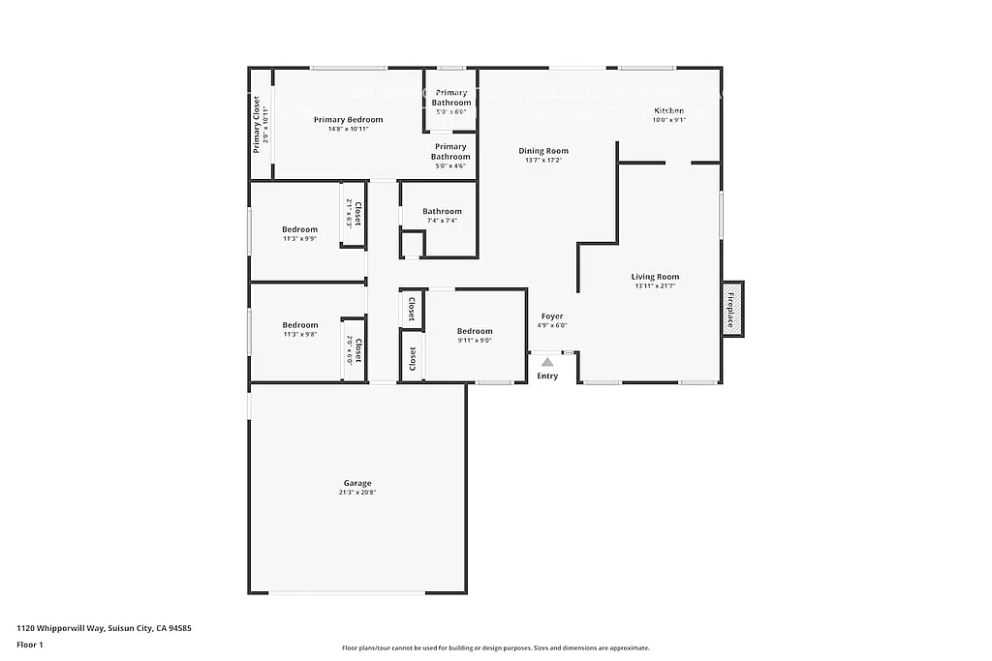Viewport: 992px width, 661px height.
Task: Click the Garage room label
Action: pyautogui.click(x=356, y=483)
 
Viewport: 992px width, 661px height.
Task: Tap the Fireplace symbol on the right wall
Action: pyautogui.click(x=732, y=309)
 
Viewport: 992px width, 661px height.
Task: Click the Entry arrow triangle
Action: pyautogui.click(x=547, y=362)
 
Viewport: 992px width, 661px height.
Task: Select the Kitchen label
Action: pyautogui.click(x=668, y=110)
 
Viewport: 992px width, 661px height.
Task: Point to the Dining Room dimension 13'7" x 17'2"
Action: pyautogui.click(x=542, y=161)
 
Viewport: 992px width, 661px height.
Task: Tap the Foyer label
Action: pyautogui.click(x=551, y=316)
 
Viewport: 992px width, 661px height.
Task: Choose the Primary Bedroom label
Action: pyautogui.click(x=348, y=120)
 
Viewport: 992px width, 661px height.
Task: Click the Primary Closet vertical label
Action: pyautogui.click(x=257, y=124)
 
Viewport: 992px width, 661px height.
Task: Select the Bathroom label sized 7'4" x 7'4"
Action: pyautogui.click(x=442, y=211)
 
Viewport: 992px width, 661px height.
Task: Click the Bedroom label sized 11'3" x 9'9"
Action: pyautogui.click(x=299, y=229)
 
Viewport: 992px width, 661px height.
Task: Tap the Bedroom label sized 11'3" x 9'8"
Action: pyautogui.click(x=299, y=325)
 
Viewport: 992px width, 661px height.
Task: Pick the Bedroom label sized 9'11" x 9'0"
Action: pyautogui.click(x=475, y=331)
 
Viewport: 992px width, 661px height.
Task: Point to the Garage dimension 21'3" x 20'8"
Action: pyautogui.click(x=356, y=493)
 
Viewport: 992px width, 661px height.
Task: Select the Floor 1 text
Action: pyautogui.click(x=30, y=644)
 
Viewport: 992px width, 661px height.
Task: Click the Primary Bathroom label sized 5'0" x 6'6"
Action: pyautogui.click(x=450, y=98)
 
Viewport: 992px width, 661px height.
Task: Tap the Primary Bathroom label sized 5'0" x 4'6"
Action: pyautogui.click(x=450, y=152)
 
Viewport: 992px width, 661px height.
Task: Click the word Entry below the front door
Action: pyautogui.click(x=547, y=376)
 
